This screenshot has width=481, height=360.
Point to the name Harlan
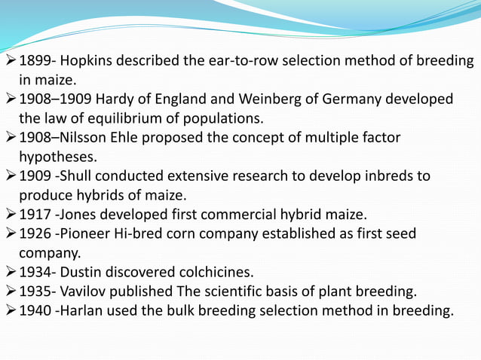point(88,310)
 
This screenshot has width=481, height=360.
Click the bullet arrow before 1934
point(10,272)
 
